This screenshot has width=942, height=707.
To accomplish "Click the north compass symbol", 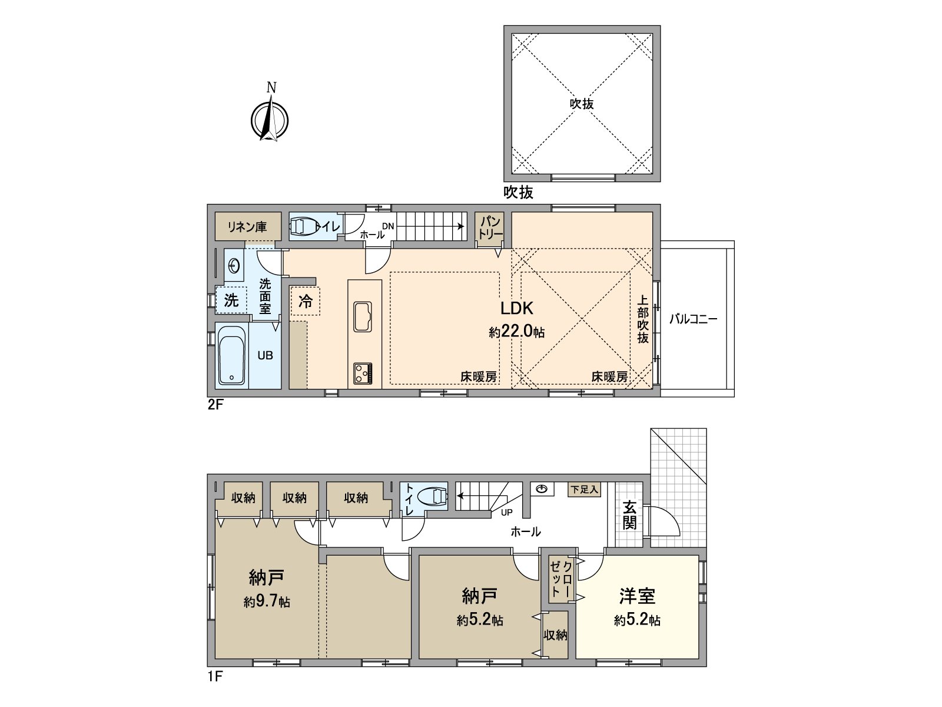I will point(270,120).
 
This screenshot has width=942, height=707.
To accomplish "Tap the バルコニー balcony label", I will point(693,319).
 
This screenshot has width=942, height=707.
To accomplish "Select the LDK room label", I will point(516,308).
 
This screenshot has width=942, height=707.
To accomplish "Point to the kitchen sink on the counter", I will point(361,316).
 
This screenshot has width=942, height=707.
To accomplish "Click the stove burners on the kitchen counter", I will point(362,374).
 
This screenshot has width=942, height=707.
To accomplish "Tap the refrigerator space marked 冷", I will point(306,302).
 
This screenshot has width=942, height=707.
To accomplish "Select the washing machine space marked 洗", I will point(231,300).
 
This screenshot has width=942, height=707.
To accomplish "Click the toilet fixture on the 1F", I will point(433,497).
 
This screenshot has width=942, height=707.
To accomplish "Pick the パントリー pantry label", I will point(490,227).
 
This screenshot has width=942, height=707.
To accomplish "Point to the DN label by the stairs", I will point(387,226).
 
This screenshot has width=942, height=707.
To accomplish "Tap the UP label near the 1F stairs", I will point(506,513).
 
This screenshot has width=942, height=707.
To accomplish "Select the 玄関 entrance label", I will point(629,515).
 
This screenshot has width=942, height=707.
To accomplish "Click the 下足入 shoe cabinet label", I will point(584,490).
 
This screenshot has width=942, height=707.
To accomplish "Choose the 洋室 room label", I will point(637,596).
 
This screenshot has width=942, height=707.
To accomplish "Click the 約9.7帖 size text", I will point(267,602).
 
